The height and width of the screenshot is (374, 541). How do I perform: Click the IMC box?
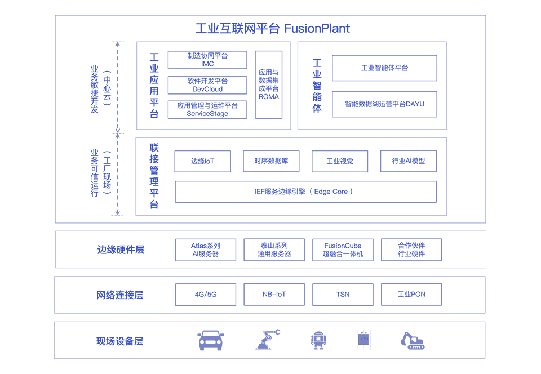click(207, 60)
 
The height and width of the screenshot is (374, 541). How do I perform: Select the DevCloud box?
click(207, 85)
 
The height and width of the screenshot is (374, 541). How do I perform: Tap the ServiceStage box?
click(207, 109)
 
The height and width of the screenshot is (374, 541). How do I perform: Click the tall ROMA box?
click(268, 84)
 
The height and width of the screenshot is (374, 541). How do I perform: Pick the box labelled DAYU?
click(384, 104)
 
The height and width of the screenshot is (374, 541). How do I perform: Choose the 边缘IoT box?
click(202, 161)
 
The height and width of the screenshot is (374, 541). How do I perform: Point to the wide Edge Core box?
click(305, 192)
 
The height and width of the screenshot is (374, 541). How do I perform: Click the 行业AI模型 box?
click(408, 161)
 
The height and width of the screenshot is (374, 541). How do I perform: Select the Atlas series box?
click(205, 250)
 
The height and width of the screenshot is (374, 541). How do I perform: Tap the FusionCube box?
click(343, 250)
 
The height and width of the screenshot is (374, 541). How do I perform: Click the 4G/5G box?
click(205, 295)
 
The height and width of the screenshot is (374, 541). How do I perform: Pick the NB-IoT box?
click(274, 295)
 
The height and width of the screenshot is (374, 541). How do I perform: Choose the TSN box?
click(343, 295)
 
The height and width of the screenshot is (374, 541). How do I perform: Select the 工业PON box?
click(411, 295)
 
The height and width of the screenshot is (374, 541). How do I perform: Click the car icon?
click(211, 340)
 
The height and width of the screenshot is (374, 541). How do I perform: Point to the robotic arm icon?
click(267, 340)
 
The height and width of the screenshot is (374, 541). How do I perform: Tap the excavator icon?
click(413, 340)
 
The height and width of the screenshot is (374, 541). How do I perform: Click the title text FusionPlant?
click(317, 28)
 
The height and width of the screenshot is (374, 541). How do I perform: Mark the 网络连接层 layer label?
click(120, 295)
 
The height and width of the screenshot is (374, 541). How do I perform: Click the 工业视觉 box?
click(340, 161)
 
